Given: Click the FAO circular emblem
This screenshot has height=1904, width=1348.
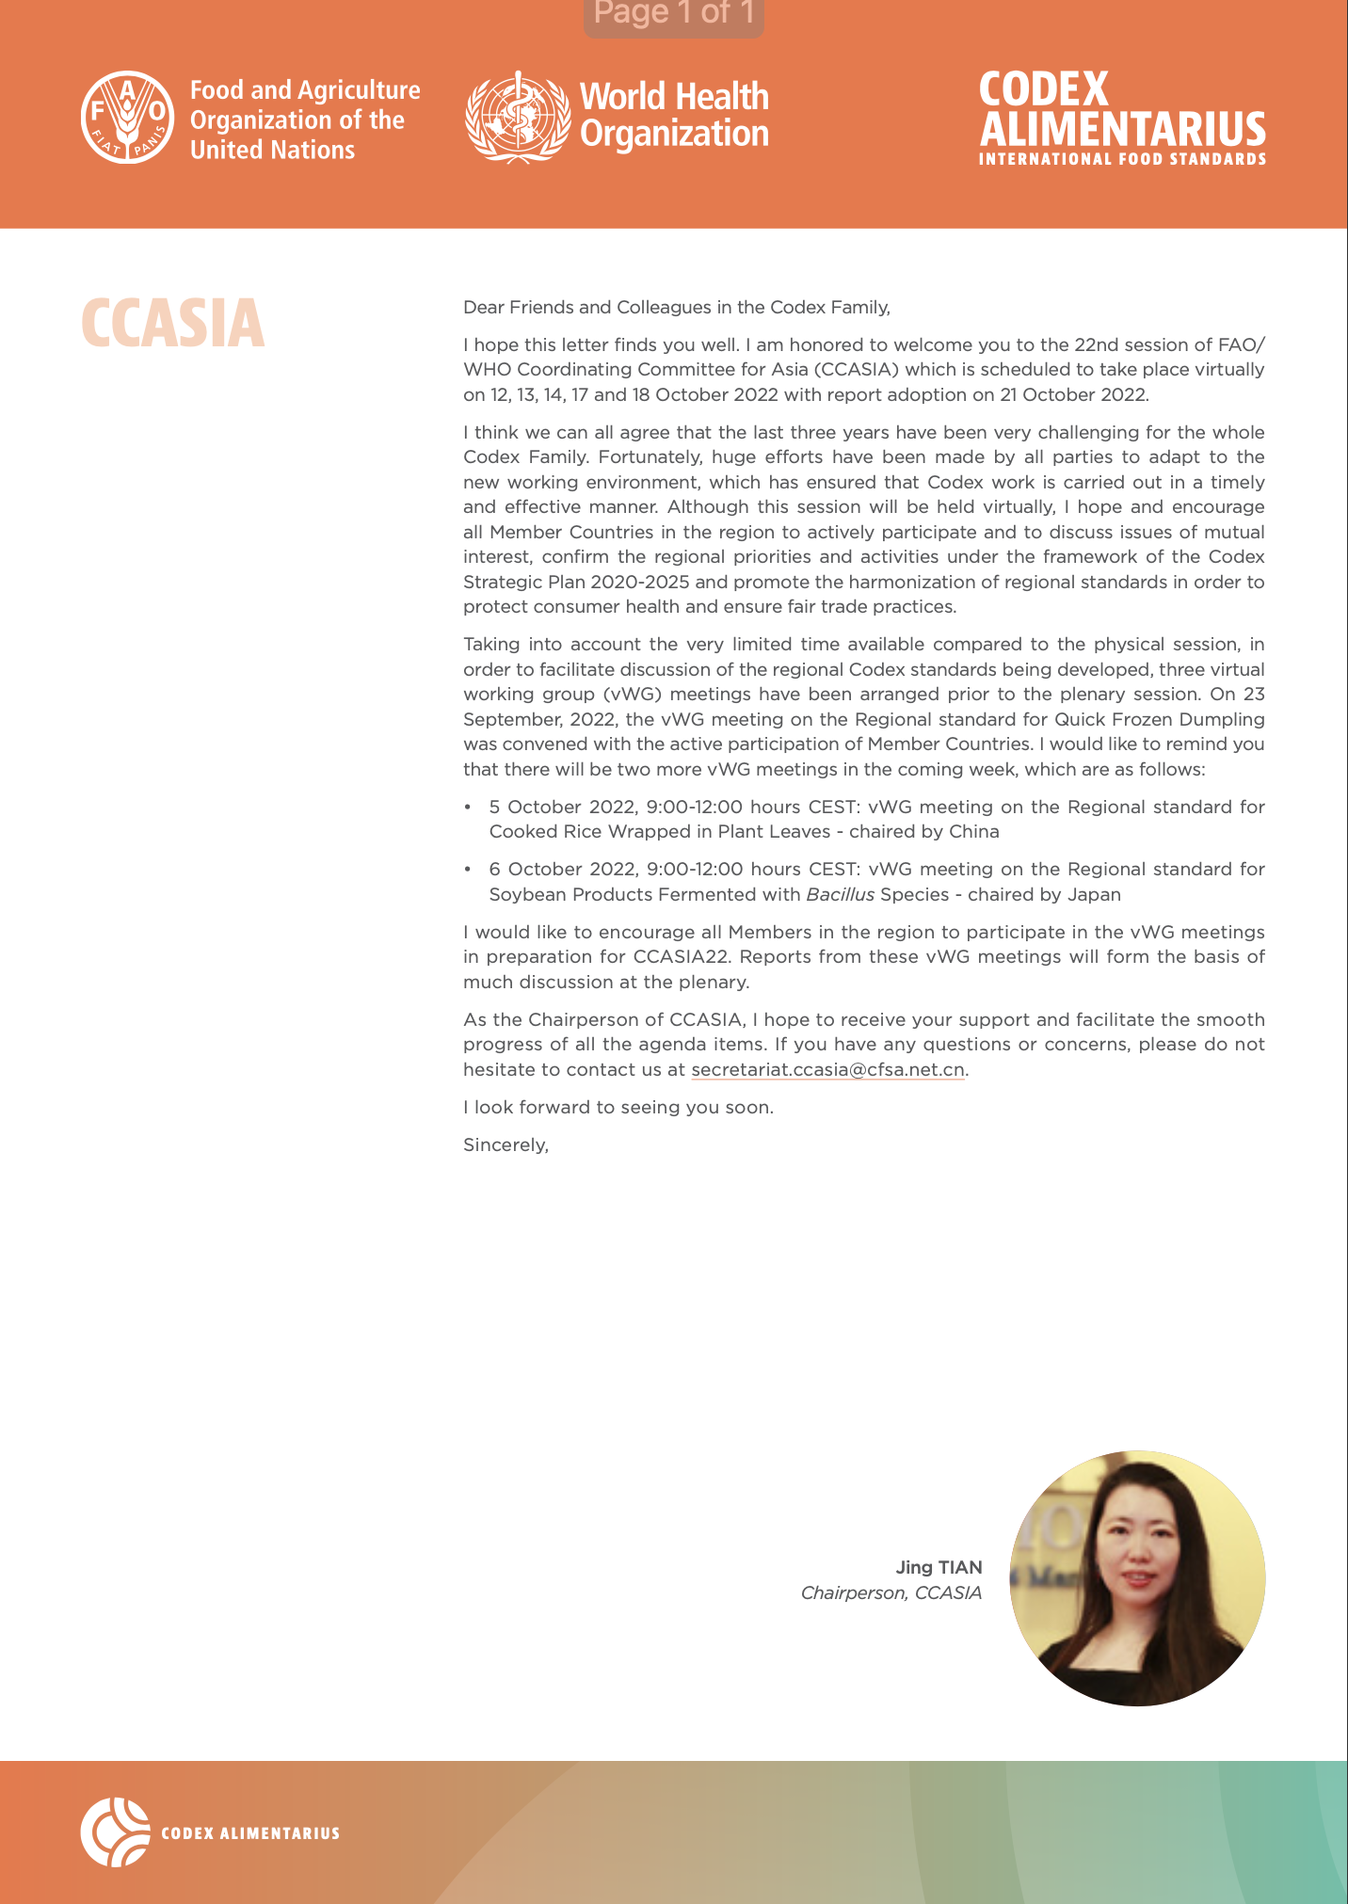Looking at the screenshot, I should pos(127,117).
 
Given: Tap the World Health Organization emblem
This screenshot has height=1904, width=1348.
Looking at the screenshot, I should pos(518,117).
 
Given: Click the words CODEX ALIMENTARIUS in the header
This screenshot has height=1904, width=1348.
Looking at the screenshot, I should pos(1121,108).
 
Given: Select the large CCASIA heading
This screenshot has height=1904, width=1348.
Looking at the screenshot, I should pos(172,323).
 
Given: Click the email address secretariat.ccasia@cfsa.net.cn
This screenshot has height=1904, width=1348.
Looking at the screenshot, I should pos(827,1070).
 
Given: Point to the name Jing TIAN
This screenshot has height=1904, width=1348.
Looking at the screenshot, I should pos(939,1567).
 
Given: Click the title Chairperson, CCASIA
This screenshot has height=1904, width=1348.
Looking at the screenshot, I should pos(891,1592).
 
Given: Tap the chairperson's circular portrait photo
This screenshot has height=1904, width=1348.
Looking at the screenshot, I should pos(1137,1578).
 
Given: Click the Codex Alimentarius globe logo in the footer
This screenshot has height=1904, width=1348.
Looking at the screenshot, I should pos(115,1832).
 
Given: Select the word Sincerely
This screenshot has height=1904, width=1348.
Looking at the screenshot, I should pos(505,1145).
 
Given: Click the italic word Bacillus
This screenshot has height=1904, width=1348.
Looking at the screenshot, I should pos(840,894).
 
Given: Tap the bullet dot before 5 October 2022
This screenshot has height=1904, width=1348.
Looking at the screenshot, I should pos(468,807).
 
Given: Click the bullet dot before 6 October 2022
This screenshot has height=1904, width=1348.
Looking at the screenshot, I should pos(468,869).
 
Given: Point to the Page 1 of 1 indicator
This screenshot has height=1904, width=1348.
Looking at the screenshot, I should pos(673,13).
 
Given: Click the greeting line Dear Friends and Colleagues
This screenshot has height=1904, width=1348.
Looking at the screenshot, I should pos(676,307).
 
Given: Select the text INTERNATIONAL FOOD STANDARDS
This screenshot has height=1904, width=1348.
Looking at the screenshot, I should pos(1122,159).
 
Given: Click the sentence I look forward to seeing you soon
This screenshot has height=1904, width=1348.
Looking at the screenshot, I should pos(618,1108).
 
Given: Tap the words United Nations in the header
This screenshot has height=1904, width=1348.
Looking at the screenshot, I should pos(272,150).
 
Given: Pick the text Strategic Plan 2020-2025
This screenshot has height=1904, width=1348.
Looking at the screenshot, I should pos(576,582).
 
